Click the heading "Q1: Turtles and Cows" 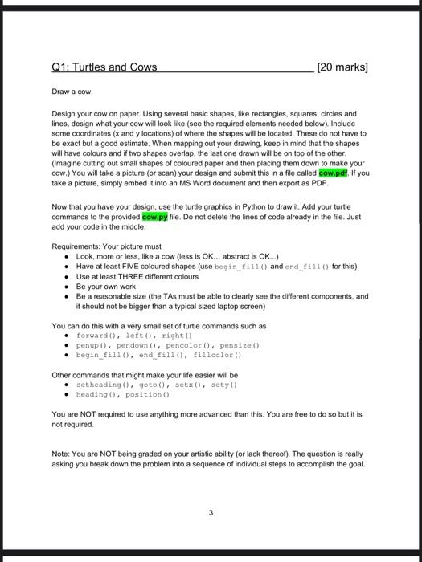click(x=104, y=67)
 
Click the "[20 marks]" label click(x=343, y=67)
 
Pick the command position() click(x=150, y=395)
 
